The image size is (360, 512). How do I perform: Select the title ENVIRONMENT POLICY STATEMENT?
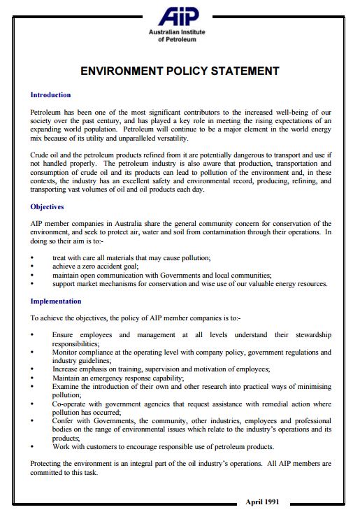click(180, 71)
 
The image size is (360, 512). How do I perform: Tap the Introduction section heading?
click(50, 94)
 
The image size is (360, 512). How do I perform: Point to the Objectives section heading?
click(47, 206)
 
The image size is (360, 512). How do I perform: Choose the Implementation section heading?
click(56, 301)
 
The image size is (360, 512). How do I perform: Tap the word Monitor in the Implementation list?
click(66, 354)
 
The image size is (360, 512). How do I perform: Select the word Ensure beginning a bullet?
click(64, 335)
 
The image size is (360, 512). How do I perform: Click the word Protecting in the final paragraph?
click(49, 464)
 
